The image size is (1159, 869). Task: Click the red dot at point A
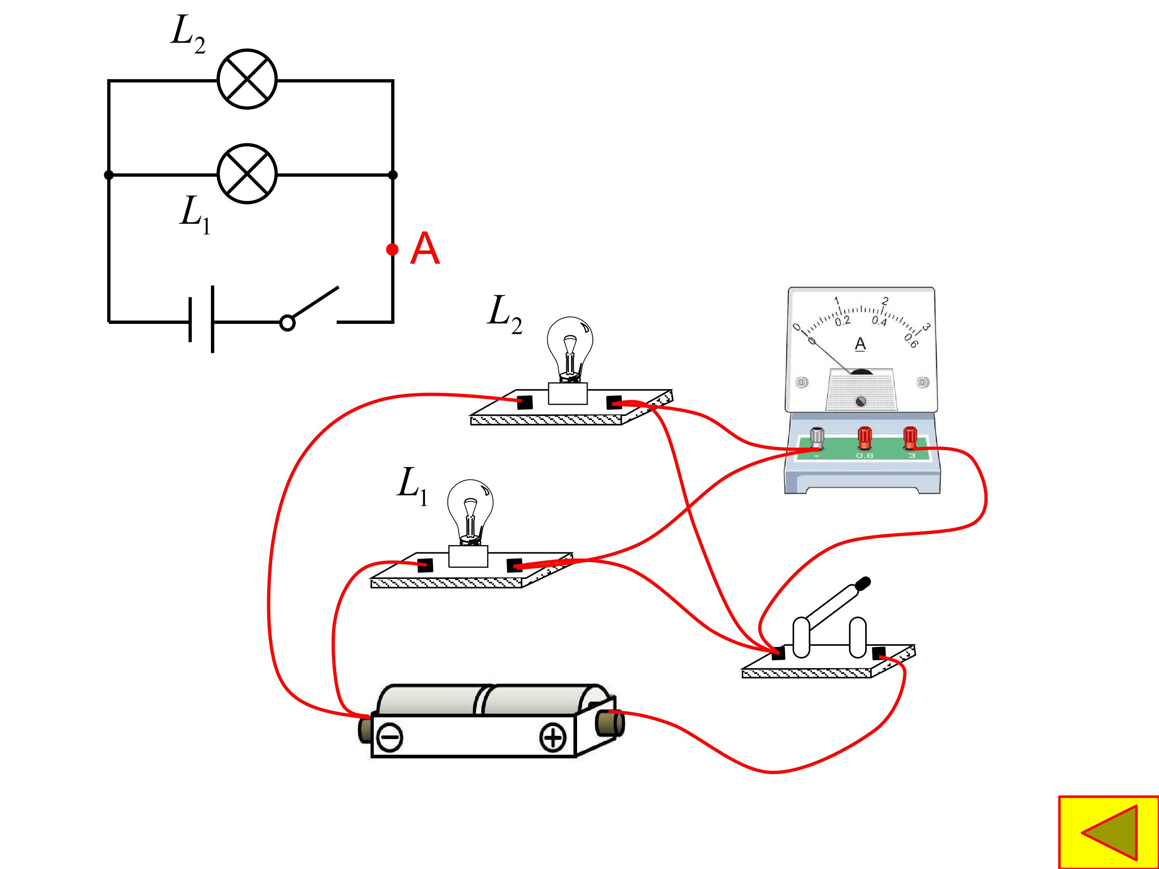click(x=392, y=249)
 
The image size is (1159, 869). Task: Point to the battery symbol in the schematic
click(x=201, y=319)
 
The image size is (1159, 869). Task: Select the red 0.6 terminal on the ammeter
click(x=864, y=439)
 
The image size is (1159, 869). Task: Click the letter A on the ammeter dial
click(x=860, y=344)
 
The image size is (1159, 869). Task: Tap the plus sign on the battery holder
click(x=553, y=737)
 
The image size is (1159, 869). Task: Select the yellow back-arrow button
click(x=1109, y=832)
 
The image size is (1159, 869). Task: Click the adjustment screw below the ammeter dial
click(x=860, y=401)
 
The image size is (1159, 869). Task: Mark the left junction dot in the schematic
click(x=109, y=175)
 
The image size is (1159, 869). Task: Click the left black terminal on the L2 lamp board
click(x=524, y=402)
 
